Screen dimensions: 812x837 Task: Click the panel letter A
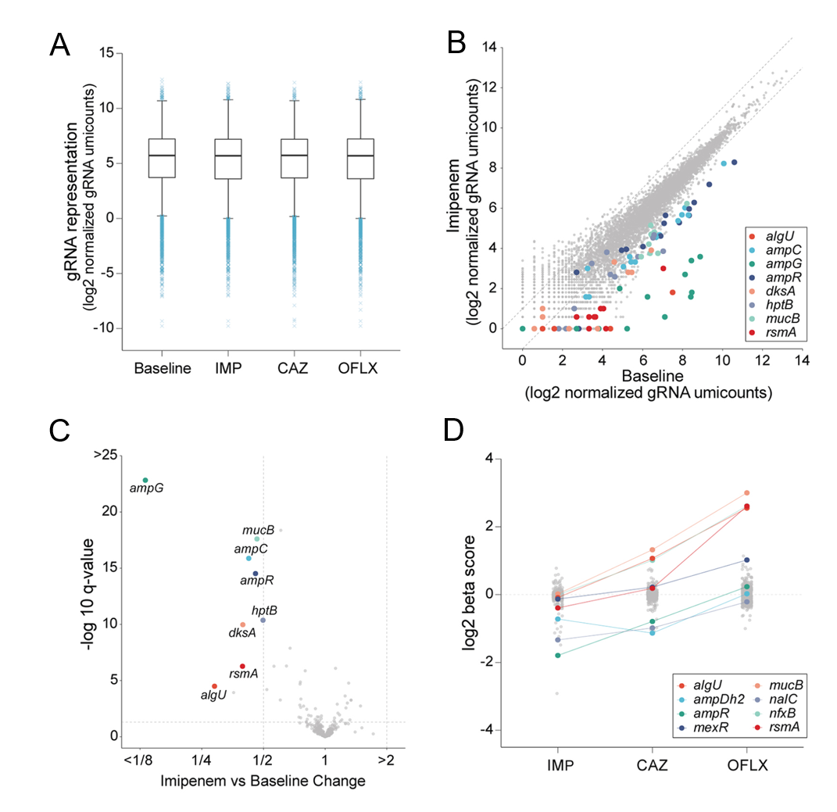(60, 47)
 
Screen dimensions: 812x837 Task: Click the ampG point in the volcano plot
(145, 480)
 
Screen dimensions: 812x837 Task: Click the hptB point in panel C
(263, 620)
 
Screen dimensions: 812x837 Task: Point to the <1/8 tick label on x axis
(140, 758)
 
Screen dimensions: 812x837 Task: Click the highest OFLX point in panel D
(747, 493)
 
